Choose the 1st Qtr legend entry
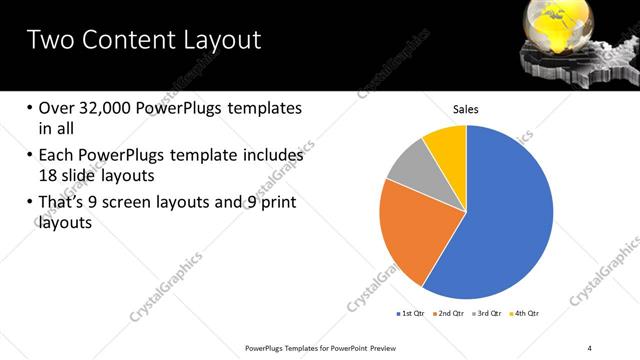[411, 313]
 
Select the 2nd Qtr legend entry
[451, 313]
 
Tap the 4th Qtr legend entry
[528, 313]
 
